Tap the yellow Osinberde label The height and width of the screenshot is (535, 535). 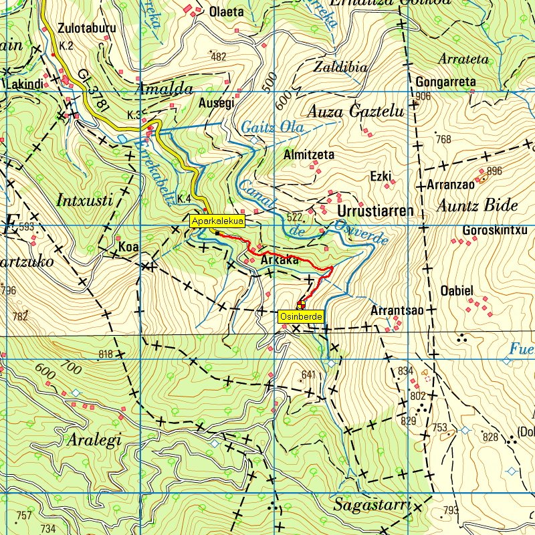click(301, 317)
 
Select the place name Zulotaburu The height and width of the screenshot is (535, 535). click(87, 29)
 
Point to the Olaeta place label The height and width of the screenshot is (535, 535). click(227, 11)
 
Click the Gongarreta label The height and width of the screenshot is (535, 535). click(445, 82)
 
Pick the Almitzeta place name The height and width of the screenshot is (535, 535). click(309, 154)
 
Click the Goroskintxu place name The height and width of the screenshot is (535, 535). click(495, 231)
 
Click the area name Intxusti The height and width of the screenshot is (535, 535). click(89, 199)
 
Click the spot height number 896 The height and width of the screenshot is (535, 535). click(494, 171)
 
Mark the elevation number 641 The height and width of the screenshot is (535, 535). click(308, 374)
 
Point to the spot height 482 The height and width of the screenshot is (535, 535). click(218, 57)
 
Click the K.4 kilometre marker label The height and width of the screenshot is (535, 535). click(185, 199)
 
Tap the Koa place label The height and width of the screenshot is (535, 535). click(128, 247)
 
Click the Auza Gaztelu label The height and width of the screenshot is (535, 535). click(356, 112)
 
